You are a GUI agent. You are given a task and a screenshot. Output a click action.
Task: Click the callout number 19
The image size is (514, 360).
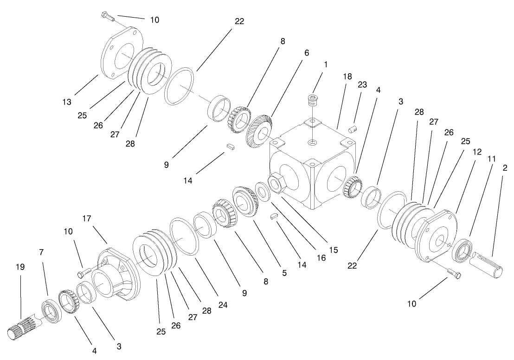tap(20, 267)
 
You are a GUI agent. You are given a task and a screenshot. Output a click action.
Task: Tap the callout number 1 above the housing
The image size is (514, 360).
tap(325, 64)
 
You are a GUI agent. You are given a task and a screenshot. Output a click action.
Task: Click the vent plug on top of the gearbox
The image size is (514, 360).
tap(314, 101)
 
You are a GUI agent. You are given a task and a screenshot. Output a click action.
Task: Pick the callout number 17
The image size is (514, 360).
tap(87, 218)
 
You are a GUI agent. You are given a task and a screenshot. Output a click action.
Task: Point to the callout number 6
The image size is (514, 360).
tap(306, 53)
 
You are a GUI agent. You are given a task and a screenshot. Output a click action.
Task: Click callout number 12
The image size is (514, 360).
tap(477, 152)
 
